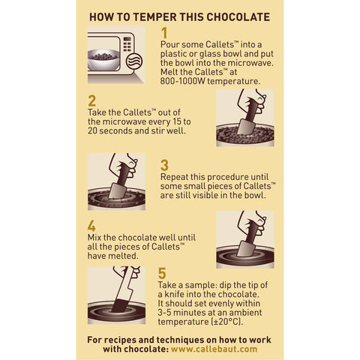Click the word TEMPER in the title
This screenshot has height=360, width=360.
click(x=154, y=17)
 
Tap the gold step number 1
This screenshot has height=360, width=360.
click(x=164, y=33)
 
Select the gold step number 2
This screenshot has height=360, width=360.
click(x=91, y=101)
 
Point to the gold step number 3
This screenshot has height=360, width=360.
click(x=164, y=165)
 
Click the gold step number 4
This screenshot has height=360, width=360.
click(x=91, y=226)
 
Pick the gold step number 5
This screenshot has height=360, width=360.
click(x=162, y=273)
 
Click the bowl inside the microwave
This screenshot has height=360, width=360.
click(x=103, y=60)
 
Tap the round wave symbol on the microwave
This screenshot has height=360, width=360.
click(x=134, y=61)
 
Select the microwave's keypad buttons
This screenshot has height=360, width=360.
click(x=127, y=44)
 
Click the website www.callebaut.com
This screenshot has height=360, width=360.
click(x=214, y=349)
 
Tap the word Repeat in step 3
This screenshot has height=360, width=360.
click(x=174, y=177)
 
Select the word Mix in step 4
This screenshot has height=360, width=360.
click(x=94, y=237)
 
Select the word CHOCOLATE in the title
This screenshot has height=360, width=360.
click(x=238, y=17)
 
